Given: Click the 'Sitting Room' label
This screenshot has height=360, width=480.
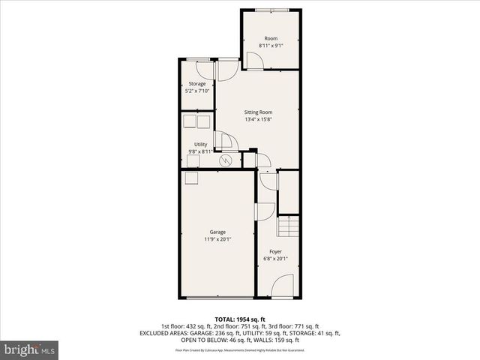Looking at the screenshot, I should point(258,111).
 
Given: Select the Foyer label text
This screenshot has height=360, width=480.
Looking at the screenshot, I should point(275,252).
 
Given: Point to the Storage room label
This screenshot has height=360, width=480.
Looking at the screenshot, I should point(197,83).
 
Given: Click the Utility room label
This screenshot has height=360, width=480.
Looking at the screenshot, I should point(200,144).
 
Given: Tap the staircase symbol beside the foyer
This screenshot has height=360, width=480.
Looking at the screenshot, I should point(288,224).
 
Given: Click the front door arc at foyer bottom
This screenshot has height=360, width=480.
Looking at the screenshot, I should point(282,285).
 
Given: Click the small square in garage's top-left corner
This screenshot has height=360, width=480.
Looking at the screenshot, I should point(191,177).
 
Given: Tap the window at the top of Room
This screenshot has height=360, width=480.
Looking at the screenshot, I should point(272,9).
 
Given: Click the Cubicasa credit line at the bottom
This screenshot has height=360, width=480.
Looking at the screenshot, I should point(239,350).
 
